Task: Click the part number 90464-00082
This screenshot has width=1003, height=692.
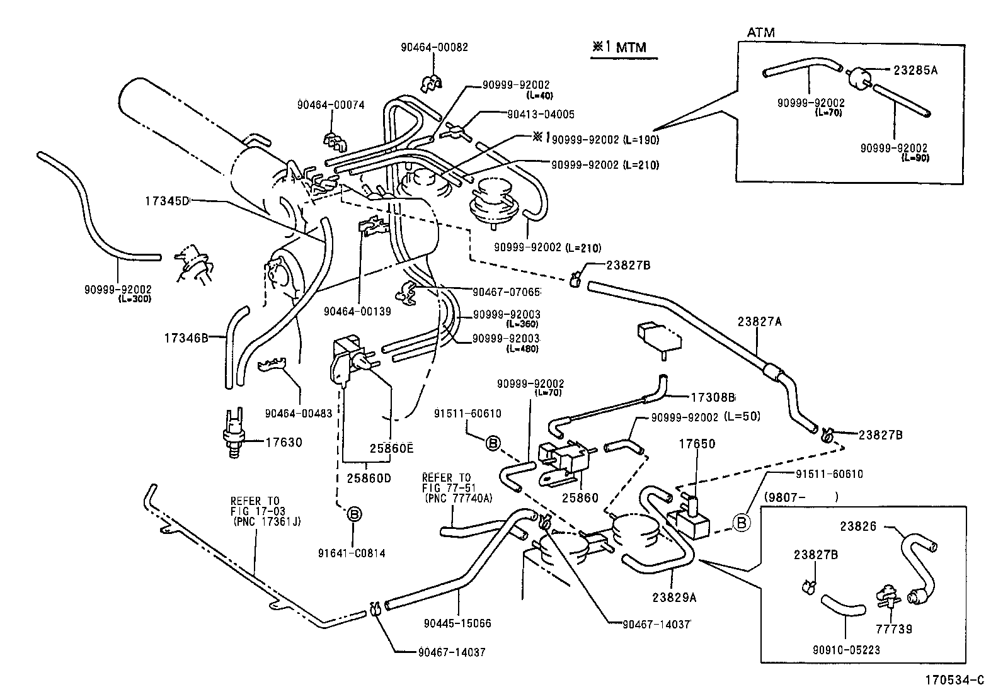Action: pyautogui.click(x=434, y=47)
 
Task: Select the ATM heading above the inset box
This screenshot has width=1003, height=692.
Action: pyautogui.click(x=760, y=32)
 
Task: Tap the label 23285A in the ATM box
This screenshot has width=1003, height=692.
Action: pyautogui.click(x=915, y=71)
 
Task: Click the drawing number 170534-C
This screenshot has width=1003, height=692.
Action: pyautogui.click(x=954, y=680)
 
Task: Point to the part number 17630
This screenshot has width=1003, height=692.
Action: pyautogui.click(x=283, y=442)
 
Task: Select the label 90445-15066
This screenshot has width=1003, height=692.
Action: pyautogui.click(x=457, y=623)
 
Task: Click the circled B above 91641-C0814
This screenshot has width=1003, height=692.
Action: pyautogui.click(x=355, y=514)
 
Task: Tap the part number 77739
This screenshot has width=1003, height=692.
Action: pyautogui.click(x=895, y=628)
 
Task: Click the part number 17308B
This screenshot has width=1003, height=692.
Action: pyautogui.click(x=713, y=397)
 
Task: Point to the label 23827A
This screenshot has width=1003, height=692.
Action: pyautogui.click(x=760, y=321)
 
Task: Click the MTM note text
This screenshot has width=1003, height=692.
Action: pyautogui.click(x=619, y=47)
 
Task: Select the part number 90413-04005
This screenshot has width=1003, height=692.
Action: pyautogui.click(x=541, y=115)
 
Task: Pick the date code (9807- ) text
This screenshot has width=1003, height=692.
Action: pyautogui.click(x=800, y=496)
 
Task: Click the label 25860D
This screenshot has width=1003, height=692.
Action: pyautogui.click(x=369, y=478)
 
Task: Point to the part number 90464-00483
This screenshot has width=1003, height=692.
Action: pyautogui.click(x=299, y=413)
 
